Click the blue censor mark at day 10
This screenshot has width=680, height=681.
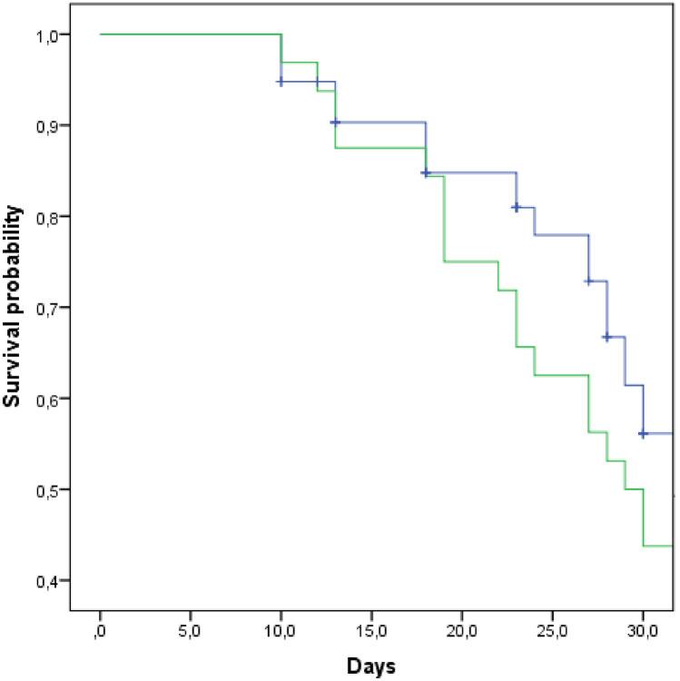tap(281, 82)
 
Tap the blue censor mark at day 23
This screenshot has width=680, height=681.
tap(516, 207)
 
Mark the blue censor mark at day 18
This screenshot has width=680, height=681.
tap(425, 173)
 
